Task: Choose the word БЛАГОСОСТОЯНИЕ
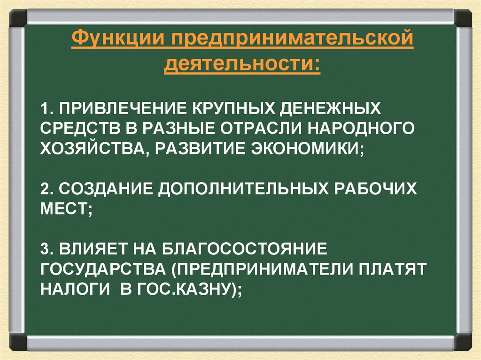[235, 248]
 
